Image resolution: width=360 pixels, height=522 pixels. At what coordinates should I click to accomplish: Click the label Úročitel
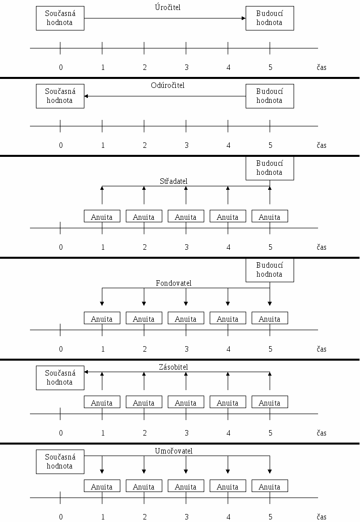167,7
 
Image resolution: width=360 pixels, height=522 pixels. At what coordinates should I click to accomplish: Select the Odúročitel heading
167,85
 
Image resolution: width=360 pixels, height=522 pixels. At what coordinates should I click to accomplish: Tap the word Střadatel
173,181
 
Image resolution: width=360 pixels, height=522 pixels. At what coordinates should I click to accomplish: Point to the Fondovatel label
173,283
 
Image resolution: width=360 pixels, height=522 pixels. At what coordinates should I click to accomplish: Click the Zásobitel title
173,367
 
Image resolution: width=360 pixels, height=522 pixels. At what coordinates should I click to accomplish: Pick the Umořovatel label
173,451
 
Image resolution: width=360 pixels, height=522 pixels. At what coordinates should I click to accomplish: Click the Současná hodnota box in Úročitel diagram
60,18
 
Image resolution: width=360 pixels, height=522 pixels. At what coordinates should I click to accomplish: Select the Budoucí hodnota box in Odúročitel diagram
270,96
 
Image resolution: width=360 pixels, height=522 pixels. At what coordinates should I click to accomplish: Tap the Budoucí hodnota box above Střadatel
270,168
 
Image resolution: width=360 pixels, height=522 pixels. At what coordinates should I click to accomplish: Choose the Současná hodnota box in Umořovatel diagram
60,462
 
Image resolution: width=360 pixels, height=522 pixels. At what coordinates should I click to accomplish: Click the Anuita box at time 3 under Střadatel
186,216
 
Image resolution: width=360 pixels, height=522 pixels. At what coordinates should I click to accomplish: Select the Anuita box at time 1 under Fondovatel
102,318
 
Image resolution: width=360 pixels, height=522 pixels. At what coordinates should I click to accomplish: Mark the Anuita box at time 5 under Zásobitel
270,402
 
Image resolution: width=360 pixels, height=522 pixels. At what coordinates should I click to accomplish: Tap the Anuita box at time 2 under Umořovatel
144,486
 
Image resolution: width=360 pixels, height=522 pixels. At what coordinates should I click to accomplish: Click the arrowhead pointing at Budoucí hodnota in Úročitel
244,18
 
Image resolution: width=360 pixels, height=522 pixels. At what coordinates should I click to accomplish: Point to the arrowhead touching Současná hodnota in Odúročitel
86,96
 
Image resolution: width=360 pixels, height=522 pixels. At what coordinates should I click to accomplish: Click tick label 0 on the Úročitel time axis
60,67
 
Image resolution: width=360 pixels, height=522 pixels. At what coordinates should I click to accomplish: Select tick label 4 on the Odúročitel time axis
228,145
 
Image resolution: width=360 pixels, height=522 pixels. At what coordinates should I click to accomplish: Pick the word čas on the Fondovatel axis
322,349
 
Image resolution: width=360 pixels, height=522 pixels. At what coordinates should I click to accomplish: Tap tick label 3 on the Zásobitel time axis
186,433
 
